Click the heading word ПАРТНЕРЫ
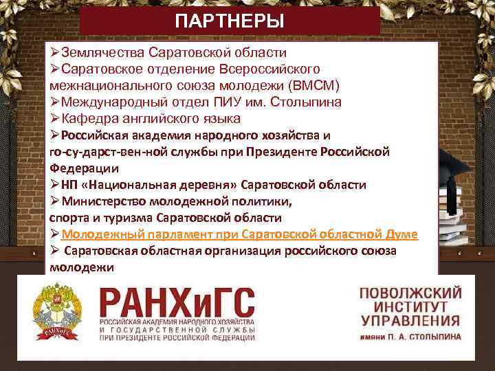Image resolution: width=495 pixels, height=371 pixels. click(x=229, y=21)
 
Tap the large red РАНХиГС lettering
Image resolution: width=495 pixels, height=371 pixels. click(x=177, y=303)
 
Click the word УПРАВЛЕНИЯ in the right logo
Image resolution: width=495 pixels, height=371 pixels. click(x=410, y=321)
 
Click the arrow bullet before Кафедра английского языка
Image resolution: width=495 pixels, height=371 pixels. click(x=55, y=118)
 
